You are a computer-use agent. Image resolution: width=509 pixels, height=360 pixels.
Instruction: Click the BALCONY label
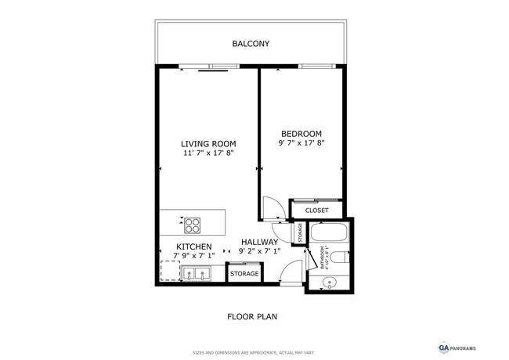(x=251, y=44)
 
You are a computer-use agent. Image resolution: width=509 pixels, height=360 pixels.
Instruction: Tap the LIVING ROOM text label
(x=208, y=144)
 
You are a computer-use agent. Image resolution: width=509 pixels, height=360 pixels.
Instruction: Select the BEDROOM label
(x=301, y=134)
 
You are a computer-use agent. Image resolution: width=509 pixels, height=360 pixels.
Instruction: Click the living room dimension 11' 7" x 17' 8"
(x=208, y=154)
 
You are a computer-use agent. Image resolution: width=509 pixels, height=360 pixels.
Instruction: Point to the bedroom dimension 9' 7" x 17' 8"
(x=301, y=144)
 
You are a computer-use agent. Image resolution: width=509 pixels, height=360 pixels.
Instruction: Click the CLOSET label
(x=316, y=211)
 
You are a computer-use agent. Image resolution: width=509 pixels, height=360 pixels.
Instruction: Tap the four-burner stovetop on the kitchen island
(x=193, y=225)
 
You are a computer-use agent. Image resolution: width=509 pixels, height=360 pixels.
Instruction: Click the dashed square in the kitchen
(x=169, y=271)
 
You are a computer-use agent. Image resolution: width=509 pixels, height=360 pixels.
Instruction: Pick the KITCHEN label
(x=193, y=247)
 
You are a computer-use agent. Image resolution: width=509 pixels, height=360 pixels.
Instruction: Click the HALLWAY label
(x=259, y=242)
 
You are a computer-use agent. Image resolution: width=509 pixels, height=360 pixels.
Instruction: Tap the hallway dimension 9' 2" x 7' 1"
(x=259, y=251)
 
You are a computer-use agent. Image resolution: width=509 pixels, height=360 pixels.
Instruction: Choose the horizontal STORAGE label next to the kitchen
(x=244, y=275)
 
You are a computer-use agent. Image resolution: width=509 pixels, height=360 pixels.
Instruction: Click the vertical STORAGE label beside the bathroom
(x=299, y=232)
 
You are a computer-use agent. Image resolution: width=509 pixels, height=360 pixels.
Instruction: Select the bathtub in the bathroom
(x=328, y=233)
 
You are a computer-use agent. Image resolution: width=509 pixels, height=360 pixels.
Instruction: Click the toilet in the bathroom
(x=343, y=257)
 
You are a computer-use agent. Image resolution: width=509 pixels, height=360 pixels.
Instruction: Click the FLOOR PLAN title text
(x=251, y=317)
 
